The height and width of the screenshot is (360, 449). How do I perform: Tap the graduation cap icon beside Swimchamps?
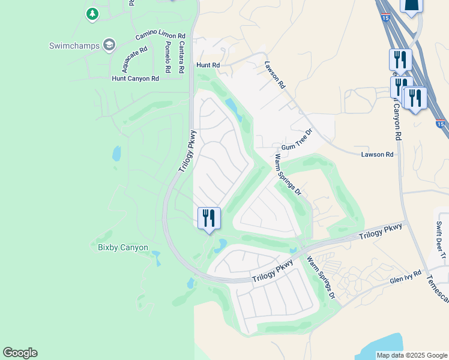pyautogui.click(x=109, y=44)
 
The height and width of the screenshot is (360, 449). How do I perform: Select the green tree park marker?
pyautogui.click(x=92, y=13)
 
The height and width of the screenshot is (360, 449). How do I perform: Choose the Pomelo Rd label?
pyautogui.click(x=169, y=56)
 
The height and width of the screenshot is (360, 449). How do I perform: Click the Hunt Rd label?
pyautogui.click(x=208, y=65)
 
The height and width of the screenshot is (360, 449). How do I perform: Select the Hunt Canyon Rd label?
pyautogui.click(x=135, y=79)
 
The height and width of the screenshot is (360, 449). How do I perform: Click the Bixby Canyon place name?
pyautogui.click(x=122, y=247)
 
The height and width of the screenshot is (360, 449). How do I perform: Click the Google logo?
pyautogui.click(x=20, y=353)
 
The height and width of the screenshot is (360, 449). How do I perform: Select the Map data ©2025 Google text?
pyautogui.click(x=411, y=355)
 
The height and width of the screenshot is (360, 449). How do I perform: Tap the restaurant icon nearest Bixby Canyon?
pyautogui.click(x=209, y=218)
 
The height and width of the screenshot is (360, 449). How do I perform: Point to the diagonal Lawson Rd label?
pyautogui.click(x=274, y=75)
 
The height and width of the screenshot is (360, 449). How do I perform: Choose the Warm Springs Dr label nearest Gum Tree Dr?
pyautogui.click(x=287, y=175)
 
